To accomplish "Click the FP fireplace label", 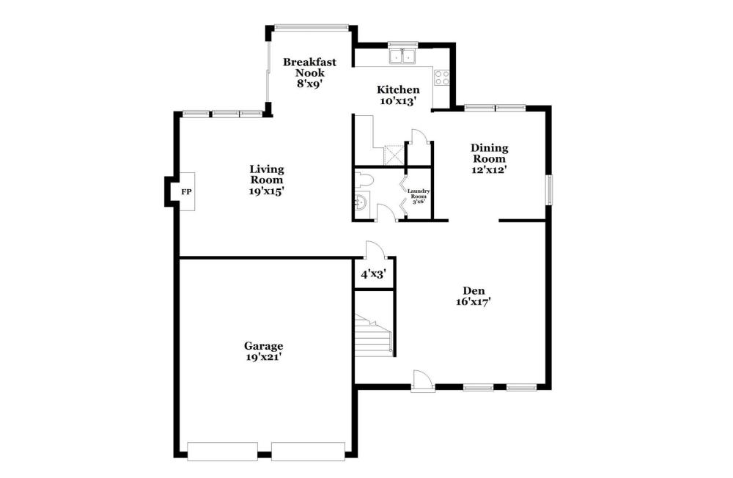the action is coord(186,192).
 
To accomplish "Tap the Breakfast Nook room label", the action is coord(309,67).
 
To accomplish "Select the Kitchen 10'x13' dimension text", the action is coord(398,101).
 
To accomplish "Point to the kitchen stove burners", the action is coord(442,78).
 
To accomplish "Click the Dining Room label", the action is coord(490,153).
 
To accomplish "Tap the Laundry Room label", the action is coord(418,194).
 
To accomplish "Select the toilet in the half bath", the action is coord(363,180).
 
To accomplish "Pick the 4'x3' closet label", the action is coord(372,274).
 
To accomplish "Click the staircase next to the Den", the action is coord(374,335).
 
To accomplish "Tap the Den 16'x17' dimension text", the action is coord(473,302).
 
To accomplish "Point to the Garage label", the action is coord(263,346).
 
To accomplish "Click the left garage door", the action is coord(223,452).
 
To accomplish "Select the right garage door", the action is coord(308,452).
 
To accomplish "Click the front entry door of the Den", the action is coord(424,379).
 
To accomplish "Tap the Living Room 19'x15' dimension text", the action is coord(267,191).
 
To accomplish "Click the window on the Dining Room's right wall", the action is coord(550,189).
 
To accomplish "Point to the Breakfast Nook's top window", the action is coord(312,27).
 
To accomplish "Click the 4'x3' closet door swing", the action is coord(375,249).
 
